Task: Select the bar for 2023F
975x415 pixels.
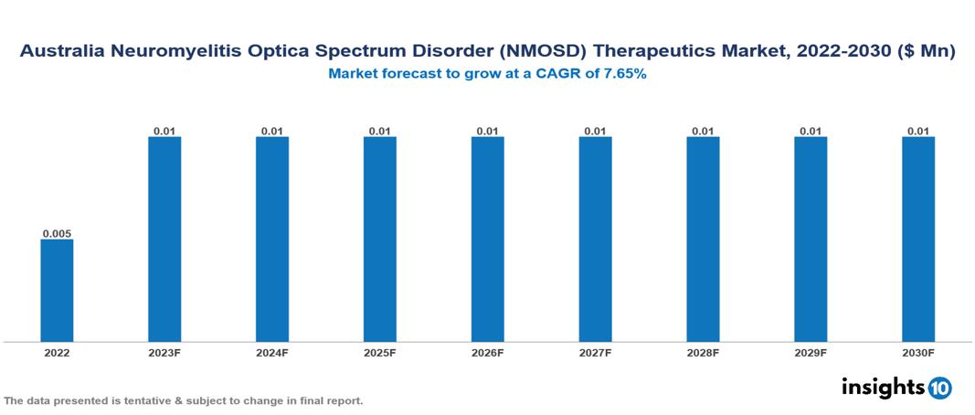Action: click(164, 239)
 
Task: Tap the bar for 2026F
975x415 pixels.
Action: click(488, 239)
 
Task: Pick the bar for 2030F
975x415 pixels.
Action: click(918, 239)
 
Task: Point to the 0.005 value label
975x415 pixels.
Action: click(57, 233)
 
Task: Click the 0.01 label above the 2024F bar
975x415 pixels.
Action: click(272, 131)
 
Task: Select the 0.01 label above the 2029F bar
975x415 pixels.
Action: click(811, 131)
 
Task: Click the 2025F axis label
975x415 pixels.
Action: click(380, 352)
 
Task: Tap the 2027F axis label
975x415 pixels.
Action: click(595, 352)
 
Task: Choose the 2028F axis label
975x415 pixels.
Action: click(703, 352)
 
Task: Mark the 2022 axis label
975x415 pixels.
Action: click(57, 352)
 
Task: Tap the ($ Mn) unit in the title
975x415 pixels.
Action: click(924, 53)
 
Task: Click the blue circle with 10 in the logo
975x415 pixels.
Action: click(940, 388)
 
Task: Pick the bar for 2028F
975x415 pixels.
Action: click(703, 239)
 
